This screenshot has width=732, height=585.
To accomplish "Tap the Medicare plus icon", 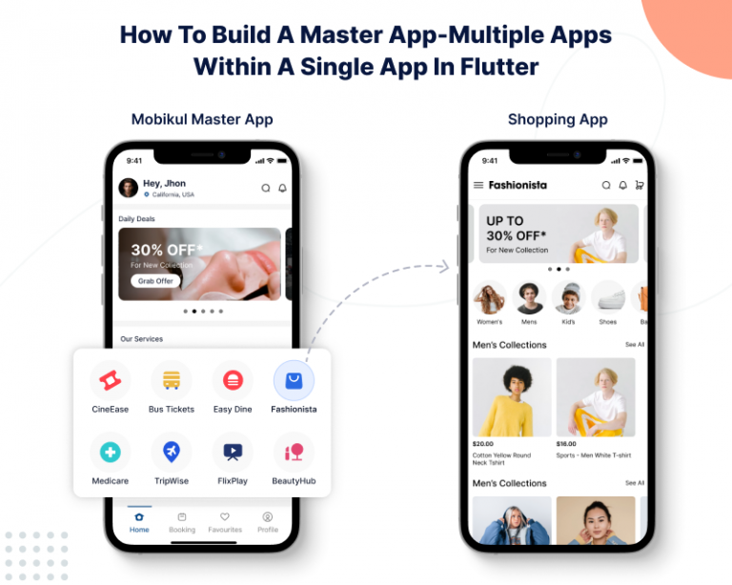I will [x=111, y=453].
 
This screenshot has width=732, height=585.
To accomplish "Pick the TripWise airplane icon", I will [x=172, y=453].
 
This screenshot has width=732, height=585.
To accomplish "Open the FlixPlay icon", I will [x=233, y=453].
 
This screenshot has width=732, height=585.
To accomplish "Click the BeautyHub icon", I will [x=294, y=453].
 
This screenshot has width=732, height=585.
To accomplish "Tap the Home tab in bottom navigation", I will [x=139, y=522].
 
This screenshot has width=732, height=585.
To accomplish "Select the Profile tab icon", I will [x=268, y=522].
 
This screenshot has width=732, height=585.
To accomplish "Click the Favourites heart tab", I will [x=225, y=522].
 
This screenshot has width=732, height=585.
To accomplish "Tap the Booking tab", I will [x=182, y=522].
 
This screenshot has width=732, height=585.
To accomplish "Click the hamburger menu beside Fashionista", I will [x=478, y=185].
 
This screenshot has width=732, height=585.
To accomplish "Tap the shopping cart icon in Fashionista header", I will [x=639, y=185].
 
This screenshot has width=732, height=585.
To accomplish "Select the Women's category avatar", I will [x=490, y=298].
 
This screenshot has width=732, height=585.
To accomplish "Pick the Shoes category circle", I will [x=607, y=298].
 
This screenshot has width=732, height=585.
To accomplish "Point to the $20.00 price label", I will [x=483, y=444].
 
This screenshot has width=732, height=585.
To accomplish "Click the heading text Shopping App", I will [x=558, y=119].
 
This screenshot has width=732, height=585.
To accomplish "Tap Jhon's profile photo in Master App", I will [x=128, y=188].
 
